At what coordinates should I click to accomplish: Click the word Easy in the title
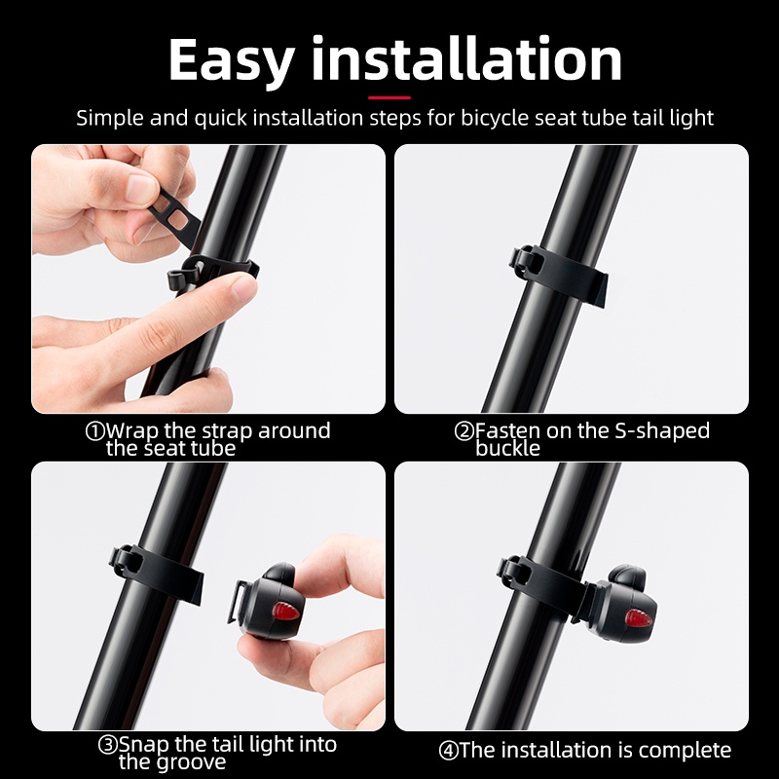click(x=232, y=61)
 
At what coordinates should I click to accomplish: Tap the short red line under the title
click(x=389, y=98)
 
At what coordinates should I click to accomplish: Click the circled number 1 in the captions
click(x=94, y=431)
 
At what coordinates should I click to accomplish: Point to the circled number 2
click(x=464, y=431)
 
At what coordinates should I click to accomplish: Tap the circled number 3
click(x=107, y=745)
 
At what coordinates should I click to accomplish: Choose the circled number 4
click(x=448, y=751)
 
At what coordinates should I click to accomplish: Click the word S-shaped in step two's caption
click(x=662, y=430)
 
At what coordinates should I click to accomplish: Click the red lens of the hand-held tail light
click(x=285, y=611)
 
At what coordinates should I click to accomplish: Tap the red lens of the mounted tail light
click(x=638, y=618)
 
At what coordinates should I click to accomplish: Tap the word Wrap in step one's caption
click(x=131, y=431)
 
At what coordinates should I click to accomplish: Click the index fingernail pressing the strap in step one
click(x=244, y=287)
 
